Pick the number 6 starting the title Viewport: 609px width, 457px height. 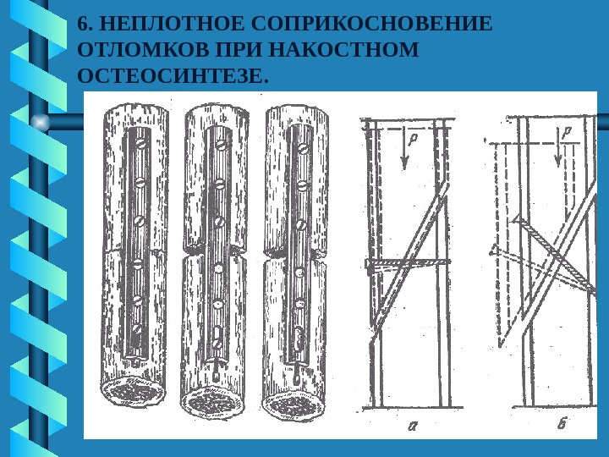tap(81, 23)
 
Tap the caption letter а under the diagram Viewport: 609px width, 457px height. tap(413, 426)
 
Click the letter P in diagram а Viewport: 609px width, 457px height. tap(412, 136)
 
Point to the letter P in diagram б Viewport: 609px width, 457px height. tap(564, 132)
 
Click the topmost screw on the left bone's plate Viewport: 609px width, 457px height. tap(141, 145)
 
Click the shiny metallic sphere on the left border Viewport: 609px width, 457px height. tap(39, 123)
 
